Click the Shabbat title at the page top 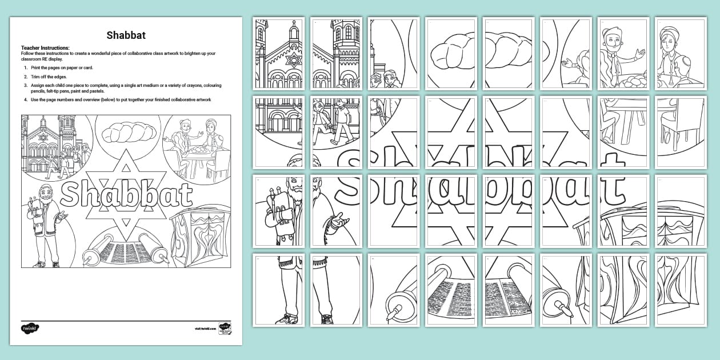coord(126,35)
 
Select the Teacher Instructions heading coord(45,48)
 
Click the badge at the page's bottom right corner coord(225,330)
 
